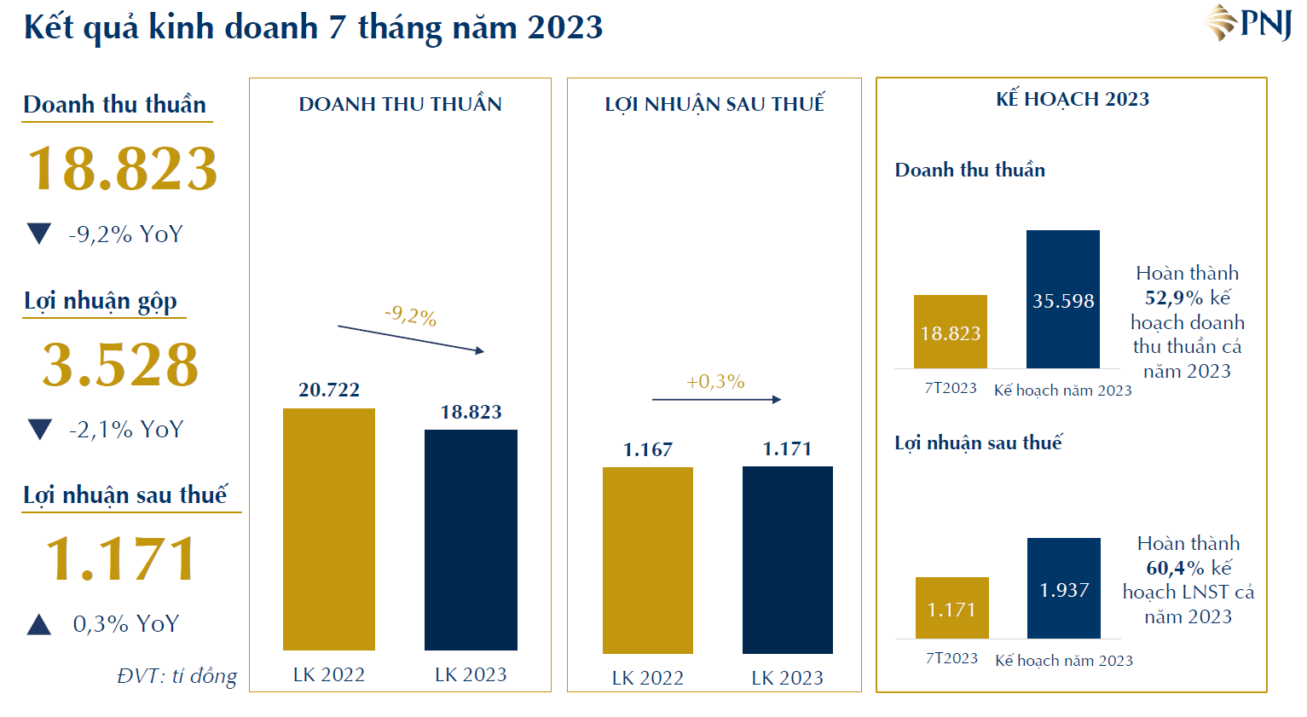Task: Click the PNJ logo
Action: coord(1248,23)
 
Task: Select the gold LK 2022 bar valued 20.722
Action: coord(329,529)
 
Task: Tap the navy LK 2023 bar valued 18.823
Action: coord(471,539)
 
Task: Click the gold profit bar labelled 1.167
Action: coord(648,560)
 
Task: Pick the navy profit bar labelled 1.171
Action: coord(788,560)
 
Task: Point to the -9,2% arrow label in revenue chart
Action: coord(410,316)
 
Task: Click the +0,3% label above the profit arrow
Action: coord(715,382)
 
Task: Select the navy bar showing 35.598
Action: coord(1063,299)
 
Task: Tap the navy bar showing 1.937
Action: coord(1064,588)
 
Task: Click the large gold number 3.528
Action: coord(120,365)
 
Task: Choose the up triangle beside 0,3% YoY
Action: coord(39,625)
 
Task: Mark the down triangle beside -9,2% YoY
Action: coord(39,234)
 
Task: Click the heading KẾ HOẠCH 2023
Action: coord(1073,100)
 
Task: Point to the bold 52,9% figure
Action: coord(1174,298)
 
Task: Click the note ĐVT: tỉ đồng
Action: coord(177,676)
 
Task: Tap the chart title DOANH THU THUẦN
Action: coord(400,104)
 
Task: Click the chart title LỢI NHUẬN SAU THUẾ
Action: coord(714,104)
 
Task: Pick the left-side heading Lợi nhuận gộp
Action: coord(101,301)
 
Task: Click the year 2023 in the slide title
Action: coord(565,27)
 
